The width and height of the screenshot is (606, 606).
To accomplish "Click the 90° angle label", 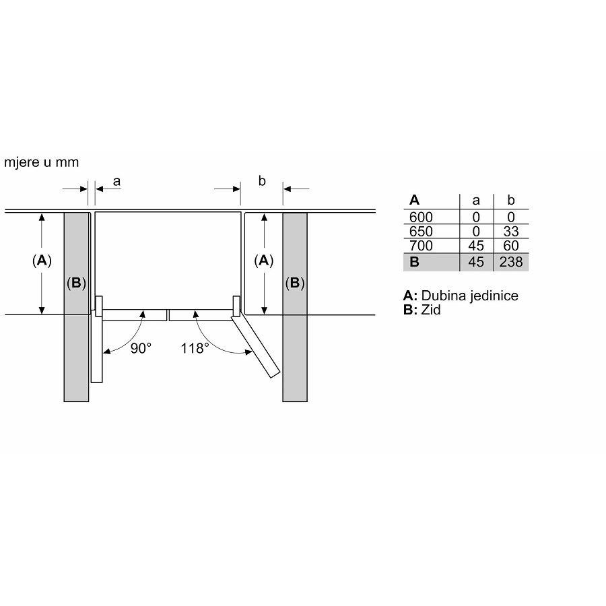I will coord(141,348).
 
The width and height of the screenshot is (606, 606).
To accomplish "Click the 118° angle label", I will coord(195,348).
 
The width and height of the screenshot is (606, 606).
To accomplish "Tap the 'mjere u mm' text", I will coord(42,162).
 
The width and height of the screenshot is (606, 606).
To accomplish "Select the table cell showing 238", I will coord(512,262).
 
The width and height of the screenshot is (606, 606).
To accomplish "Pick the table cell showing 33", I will coord(512,232).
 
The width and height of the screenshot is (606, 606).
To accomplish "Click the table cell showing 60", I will coord(512,246).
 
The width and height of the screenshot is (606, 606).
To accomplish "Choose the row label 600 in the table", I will coord(421,217).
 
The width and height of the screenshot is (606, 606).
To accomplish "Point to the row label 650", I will coord(421,232).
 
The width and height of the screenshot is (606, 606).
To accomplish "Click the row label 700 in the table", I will coord(421,246).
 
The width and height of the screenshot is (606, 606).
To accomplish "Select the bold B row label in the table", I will coord(414,262).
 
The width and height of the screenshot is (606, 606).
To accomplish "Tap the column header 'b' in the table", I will coord(511,200).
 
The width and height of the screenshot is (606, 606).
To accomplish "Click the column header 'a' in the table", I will coord(477,200).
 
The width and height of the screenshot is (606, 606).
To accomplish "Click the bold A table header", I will coord(414,200).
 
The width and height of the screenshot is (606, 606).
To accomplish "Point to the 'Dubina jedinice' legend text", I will coord(470,296).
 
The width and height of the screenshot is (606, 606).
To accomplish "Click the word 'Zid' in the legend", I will coord(431,310).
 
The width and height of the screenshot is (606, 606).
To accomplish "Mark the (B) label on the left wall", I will coord(76,283).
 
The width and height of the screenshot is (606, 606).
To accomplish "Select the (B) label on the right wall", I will coord(294,283).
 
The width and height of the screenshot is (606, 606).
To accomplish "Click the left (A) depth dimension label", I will coord(42,261).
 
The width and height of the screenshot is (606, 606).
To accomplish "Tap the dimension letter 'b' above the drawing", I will coord(262,180).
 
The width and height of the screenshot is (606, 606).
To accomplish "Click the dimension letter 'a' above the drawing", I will coord(116,180).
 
